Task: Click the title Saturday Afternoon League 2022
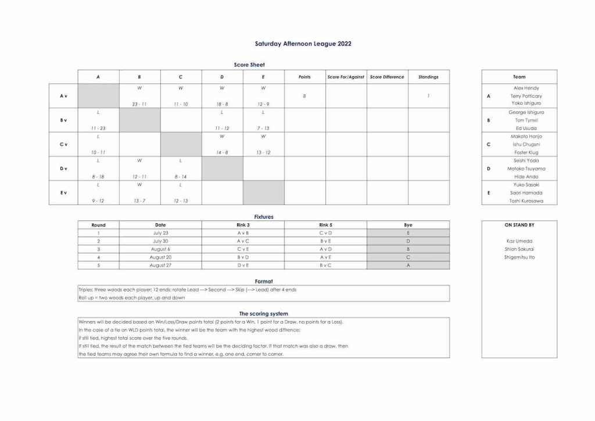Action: pyautogui.click(x=303, y=44)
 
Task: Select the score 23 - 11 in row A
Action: pyautogui.click(x=139, y=104)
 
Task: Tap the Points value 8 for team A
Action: pyautogui.click(x=304, y=96)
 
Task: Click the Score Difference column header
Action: pyautogui.click(x=386, y=77)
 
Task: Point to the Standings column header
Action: pyautogui.click(x=428, y=77)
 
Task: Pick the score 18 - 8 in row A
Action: pyautogui.click(x=222, y=104)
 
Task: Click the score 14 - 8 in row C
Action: pyautogui.click(x=222, y=152)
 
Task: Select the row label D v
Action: pyautogui.click(x=63, y=169)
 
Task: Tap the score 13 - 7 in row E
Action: pyautogui.click(x=139, y=201)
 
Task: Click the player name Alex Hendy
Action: pyautogui.click(x=526, y=88)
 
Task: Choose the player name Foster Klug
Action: pyautogui.click(x=526, y=152)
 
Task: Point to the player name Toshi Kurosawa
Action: pyautogui.click(x=526, y=201)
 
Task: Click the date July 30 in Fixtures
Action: pyautogui.click(x=160, y=241)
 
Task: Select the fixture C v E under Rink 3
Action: pyautogui.click(x=243, y=249)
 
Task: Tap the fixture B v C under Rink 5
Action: pyautogui.click(x=325, y=265)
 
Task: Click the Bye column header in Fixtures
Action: pyautogui.click(x=408, y=225)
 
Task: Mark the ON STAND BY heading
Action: pyautogui.click(x=519, y=225)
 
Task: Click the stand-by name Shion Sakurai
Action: pyautogui.click(x=519, y=249)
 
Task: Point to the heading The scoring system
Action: pyautogui.click(x=263, y=313)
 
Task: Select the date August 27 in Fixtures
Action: pyautogui.click(x=160, y=265)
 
